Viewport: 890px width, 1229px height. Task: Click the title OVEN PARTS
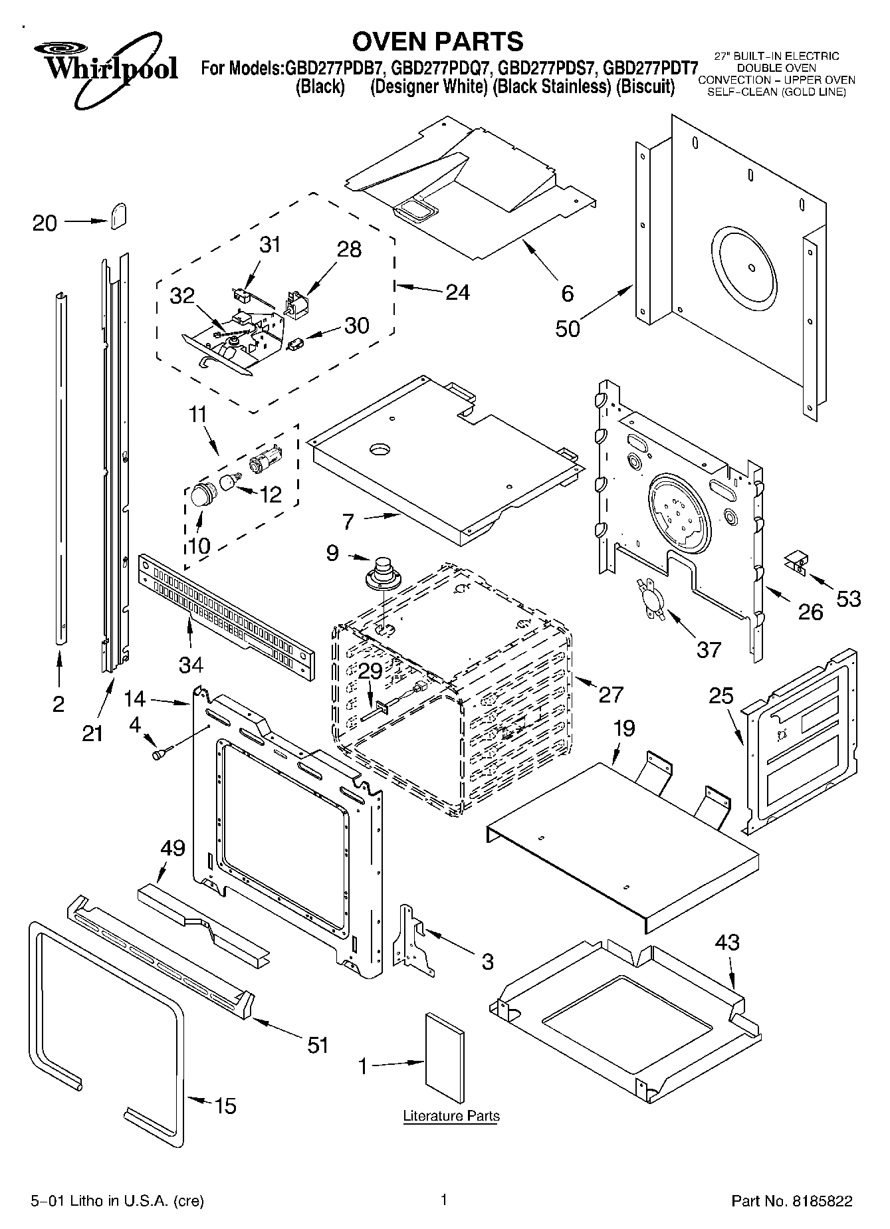[437, 41]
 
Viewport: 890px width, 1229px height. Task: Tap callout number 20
[45, 223]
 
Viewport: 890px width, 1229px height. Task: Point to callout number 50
[567, 328]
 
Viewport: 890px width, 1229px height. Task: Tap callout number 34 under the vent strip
[190, 663]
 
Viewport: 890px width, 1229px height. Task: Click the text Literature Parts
[451, 1116]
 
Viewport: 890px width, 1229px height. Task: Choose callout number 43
[727, 943]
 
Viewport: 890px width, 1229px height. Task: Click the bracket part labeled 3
[413, 939]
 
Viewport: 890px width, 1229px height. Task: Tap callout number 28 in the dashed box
[350, 249]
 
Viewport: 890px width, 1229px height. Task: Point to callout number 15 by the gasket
[225, 1107]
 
